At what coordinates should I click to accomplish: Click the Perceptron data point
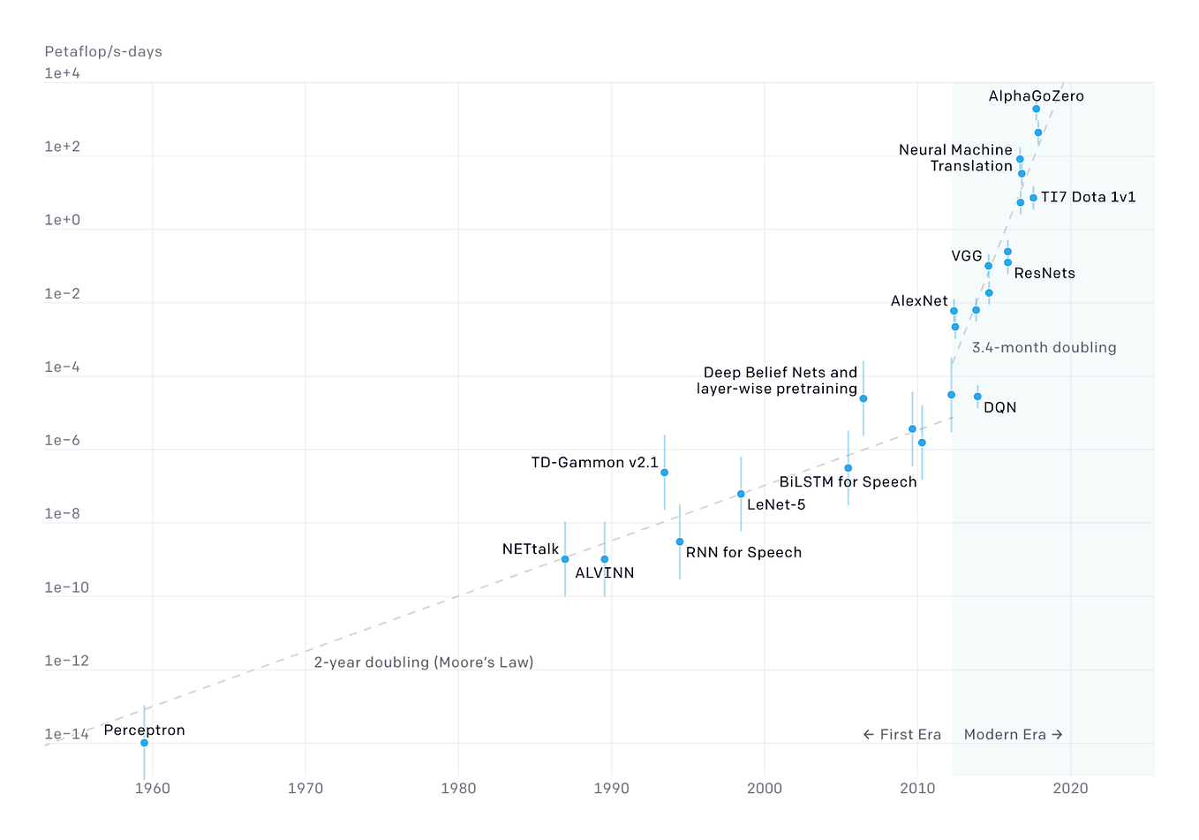coord(144,743)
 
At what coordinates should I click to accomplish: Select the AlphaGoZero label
coord(1036,96)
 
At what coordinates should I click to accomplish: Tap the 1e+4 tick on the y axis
coord(63,73)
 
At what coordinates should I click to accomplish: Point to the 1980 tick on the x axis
coord(458,789)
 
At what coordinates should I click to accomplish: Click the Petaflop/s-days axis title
coord(103,51)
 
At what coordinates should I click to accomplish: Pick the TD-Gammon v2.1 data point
coord(664,473)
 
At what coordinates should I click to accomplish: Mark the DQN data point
coord(977,397)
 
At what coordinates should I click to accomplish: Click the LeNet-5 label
coord(776,505)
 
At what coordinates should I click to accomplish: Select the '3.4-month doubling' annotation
coord(1044,348)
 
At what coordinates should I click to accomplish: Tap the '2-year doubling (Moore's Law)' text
coord(424,662)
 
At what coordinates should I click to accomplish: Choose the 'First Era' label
coord(902,735)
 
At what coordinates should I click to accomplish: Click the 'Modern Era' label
coord(1013,735)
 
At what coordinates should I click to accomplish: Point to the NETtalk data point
coord(565,559)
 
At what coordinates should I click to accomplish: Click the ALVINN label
coord(605,573)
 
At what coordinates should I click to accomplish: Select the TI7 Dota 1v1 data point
coord(1033,198)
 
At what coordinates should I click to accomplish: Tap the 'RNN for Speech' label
coord(743,553)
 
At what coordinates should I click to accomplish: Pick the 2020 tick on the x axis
coord(1070,789)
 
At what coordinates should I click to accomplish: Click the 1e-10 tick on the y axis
coord(67,588)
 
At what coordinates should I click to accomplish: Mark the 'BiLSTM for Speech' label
coord(848,482)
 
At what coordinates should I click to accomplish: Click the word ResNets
coord(1044,274)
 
